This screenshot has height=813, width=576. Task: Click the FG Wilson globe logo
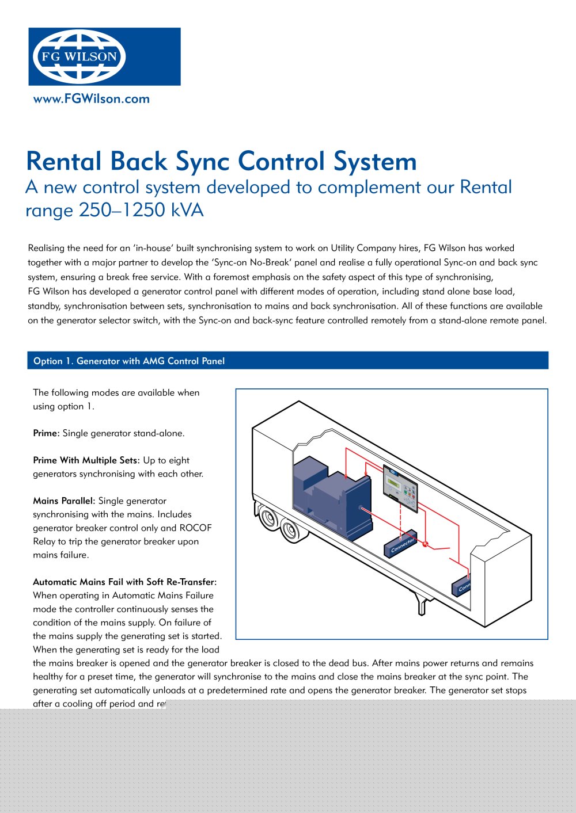point(79,56)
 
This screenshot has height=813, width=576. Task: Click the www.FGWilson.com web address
point(92,99)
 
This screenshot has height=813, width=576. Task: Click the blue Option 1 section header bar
point(287,361)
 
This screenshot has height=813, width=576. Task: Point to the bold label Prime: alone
point(46,433)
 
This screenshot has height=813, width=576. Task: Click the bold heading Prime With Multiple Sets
point(86,460)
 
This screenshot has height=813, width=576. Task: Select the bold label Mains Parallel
point(64,501)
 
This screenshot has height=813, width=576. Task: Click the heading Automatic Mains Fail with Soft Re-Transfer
point(124,582)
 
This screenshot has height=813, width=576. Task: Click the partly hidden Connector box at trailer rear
point(461,586)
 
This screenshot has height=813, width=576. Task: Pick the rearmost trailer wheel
point(268,517)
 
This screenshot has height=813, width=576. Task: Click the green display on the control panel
point(394,482)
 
